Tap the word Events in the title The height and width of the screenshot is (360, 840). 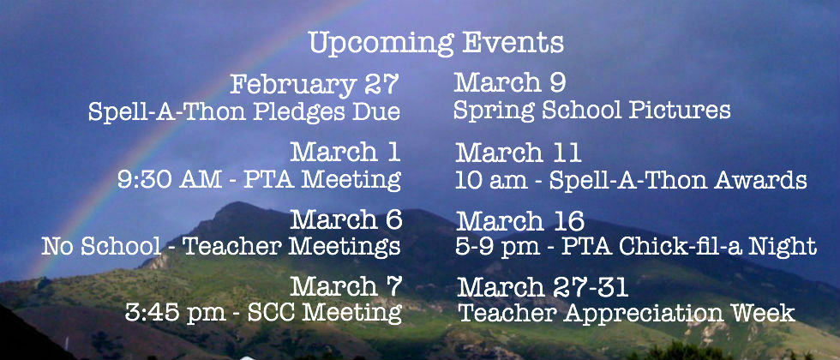pyautogui.click(x=513, y=42)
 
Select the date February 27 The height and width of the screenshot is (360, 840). pyautogui.click(x=315, y=85)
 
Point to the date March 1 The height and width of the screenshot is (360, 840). pyautogui.click(x=345, y=152)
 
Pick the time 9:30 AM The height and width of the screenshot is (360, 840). pyautogui.click(x=170, y=179)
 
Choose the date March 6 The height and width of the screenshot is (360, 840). pyautogui.click(x=345, y=219)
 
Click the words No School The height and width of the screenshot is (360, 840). pyautogui.click(x=101, y=246)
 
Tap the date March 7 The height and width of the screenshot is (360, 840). pyautogui.click(x=345, y=286)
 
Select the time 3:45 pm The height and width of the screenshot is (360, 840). pyautogui.click(x=175, y=313)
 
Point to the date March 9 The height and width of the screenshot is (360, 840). pyautogui.click(x=509, y=83)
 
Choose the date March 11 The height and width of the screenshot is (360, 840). pyautogui.click(x=519, y=153)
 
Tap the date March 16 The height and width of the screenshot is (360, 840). pyautogui.click(x=520, y=221)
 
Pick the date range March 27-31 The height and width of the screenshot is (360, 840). pyautogui.click(x=542, y=288)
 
